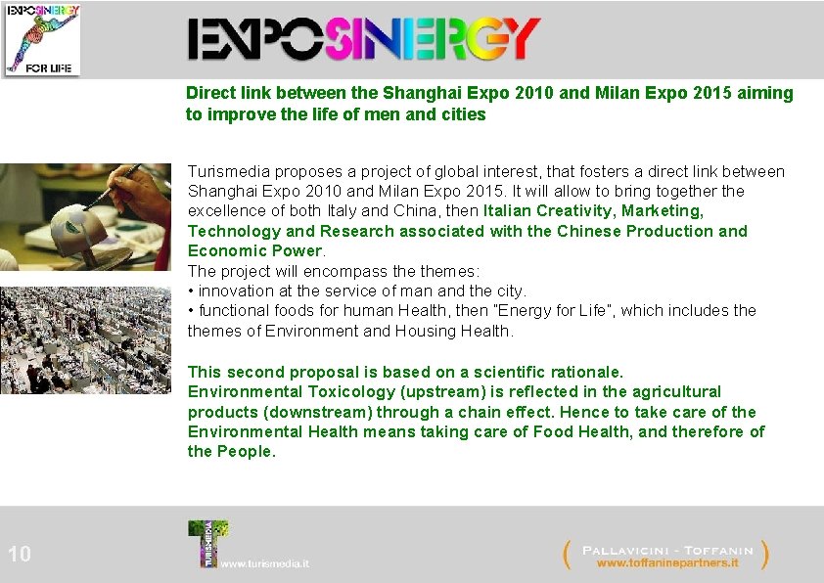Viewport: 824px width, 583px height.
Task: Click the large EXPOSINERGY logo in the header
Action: click(x=363, y=40)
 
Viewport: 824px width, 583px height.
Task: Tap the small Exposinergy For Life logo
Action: click(x=42, y=39)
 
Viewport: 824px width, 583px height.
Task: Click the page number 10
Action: click(x=20, y=555)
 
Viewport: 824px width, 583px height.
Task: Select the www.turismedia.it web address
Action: click(x=265, y=564)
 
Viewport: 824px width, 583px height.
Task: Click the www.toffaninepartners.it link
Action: click(x=667, y=563)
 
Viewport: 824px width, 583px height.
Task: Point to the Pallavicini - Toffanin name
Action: click(x=667, y=549)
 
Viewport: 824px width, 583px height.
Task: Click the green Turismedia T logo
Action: click(x=206, y=543)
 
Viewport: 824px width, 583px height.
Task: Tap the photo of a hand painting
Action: click(x=85, y=217)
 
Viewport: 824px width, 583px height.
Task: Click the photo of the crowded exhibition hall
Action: click(x=85, y=339)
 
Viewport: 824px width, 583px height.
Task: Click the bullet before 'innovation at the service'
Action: click(x=191, y=291)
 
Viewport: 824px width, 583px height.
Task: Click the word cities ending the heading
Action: click(x=463, y=114)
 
